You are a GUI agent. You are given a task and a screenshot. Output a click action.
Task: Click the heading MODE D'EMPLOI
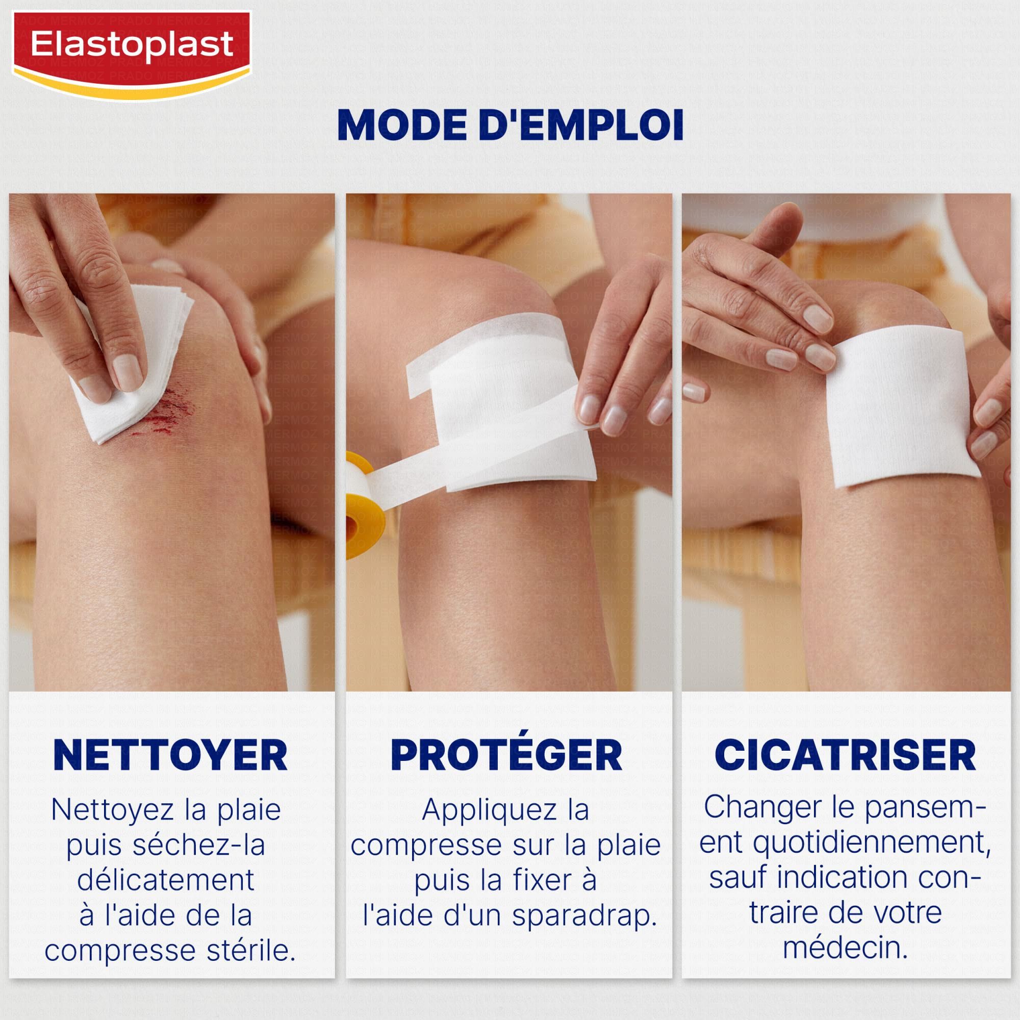click(x=510, y=125)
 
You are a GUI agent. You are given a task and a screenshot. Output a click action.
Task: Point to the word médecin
click(x=845, y=947)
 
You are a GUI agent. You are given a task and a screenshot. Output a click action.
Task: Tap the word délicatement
click(x=166, y=880)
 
